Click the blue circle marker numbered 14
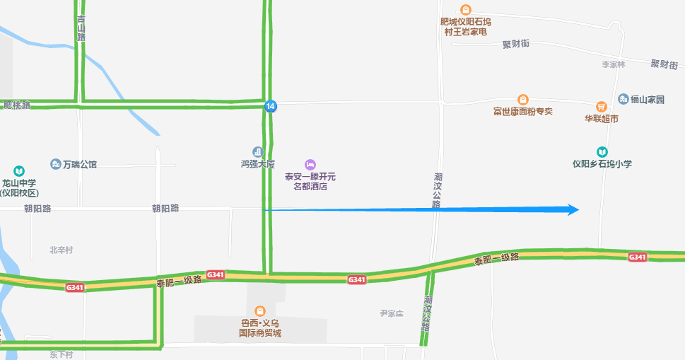pos(270,106)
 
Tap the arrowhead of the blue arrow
pos(573,209)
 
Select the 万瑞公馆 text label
pos(79,165)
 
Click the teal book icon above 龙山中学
pos(19,170)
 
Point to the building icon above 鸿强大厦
pos(257,151)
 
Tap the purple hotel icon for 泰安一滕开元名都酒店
pos(310,164)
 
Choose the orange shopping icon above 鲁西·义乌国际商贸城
pos(259,310)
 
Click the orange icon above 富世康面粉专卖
pos(523,100)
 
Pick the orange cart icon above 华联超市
pos(601,106)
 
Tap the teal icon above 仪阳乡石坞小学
pos(602,151)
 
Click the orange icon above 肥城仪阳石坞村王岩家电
pos(465,10)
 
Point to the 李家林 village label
pos(613,64)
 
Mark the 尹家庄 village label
pos(391,313)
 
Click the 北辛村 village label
pos(61,250)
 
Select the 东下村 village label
pos(61,354)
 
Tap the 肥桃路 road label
pos(17,105)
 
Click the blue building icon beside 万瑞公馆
pos(55,164)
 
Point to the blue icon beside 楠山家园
pos(623,99)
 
